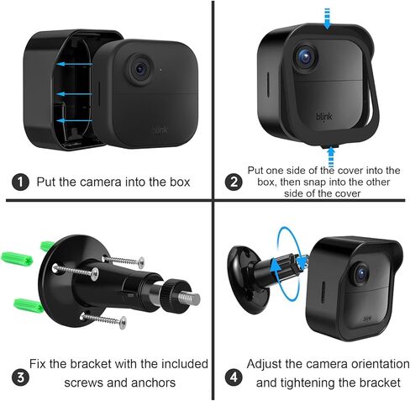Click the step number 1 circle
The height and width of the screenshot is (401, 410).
tap(19, 182)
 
